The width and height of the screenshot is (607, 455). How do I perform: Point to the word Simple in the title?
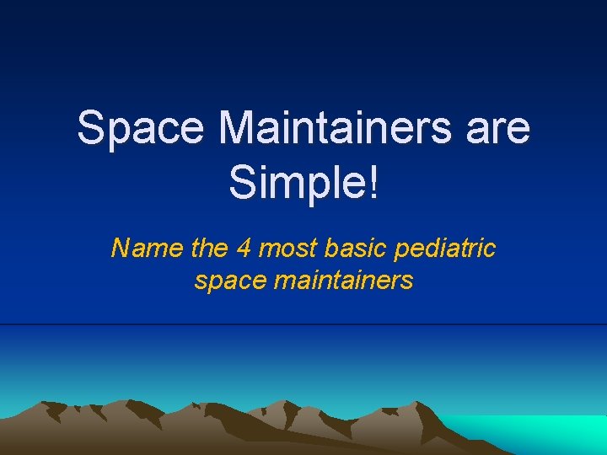point(298,182)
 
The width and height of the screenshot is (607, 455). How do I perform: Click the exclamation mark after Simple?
point(373,182)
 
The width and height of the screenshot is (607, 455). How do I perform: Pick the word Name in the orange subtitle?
point(139,249)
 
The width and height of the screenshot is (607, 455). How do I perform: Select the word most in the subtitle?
point(287,249)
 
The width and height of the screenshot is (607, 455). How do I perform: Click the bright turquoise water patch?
point(540,431)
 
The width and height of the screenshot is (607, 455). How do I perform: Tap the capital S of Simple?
point(240,182)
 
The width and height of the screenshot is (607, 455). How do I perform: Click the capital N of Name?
point(120,249)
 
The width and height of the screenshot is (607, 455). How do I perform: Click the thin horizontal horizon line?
point(303,324)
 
